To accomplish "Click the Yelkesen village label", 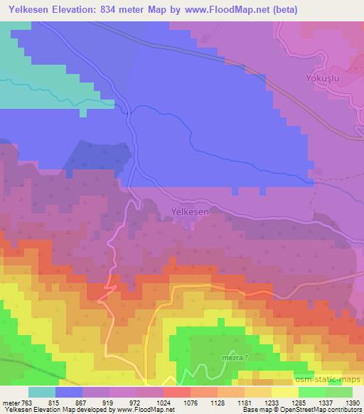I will pos(190,211).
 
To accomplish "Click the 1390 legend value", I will pos(352,403).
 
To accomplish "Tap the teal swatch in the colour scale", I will pos(42,392).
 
